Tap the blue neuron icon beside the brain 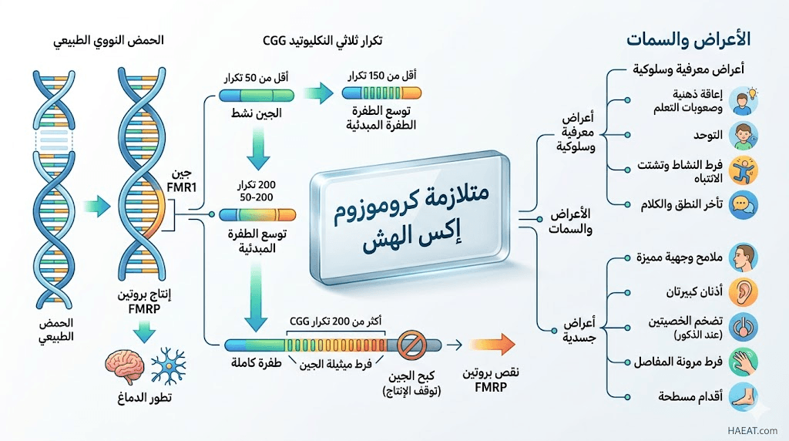(x=168, y=366)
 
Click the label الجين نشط (x=245, y=114)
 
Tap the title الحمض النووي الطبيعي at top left (x=111, y=40)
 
